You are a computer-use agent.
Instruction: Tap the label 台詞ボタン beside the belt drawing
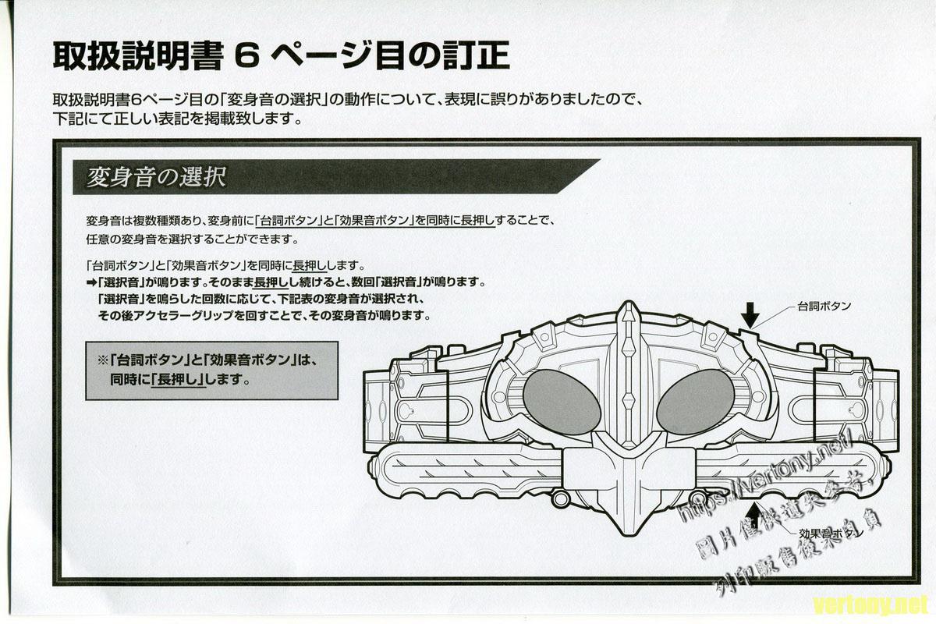pos(824,307)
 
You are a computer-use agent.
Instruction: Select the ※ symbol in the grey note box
pos(101,361)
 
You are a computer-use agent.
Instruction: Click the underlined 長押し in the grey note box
pos(178,381)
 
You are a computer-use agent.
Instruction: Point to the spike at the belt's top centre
pos(627,316)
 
